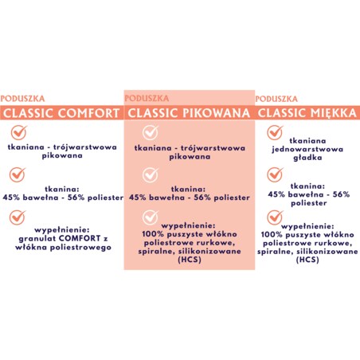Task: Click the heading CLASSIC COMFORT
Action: [62, 113]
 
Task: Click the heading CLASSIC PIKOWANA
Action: [189, 113]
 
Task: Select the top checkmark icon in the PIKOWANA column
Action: [149, 133]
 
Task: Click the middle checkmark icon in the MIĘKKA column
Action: [276, 174]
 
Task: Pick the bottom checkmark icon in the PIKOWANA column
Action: [149, 217]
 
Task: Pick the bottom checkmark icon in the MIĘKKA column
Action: [276, 217]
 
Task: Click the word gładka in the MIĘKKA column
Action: [307, 158]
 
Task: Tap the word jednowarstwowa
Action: [307, 148]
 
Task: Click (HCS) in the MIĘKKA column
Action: [307, 260]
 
